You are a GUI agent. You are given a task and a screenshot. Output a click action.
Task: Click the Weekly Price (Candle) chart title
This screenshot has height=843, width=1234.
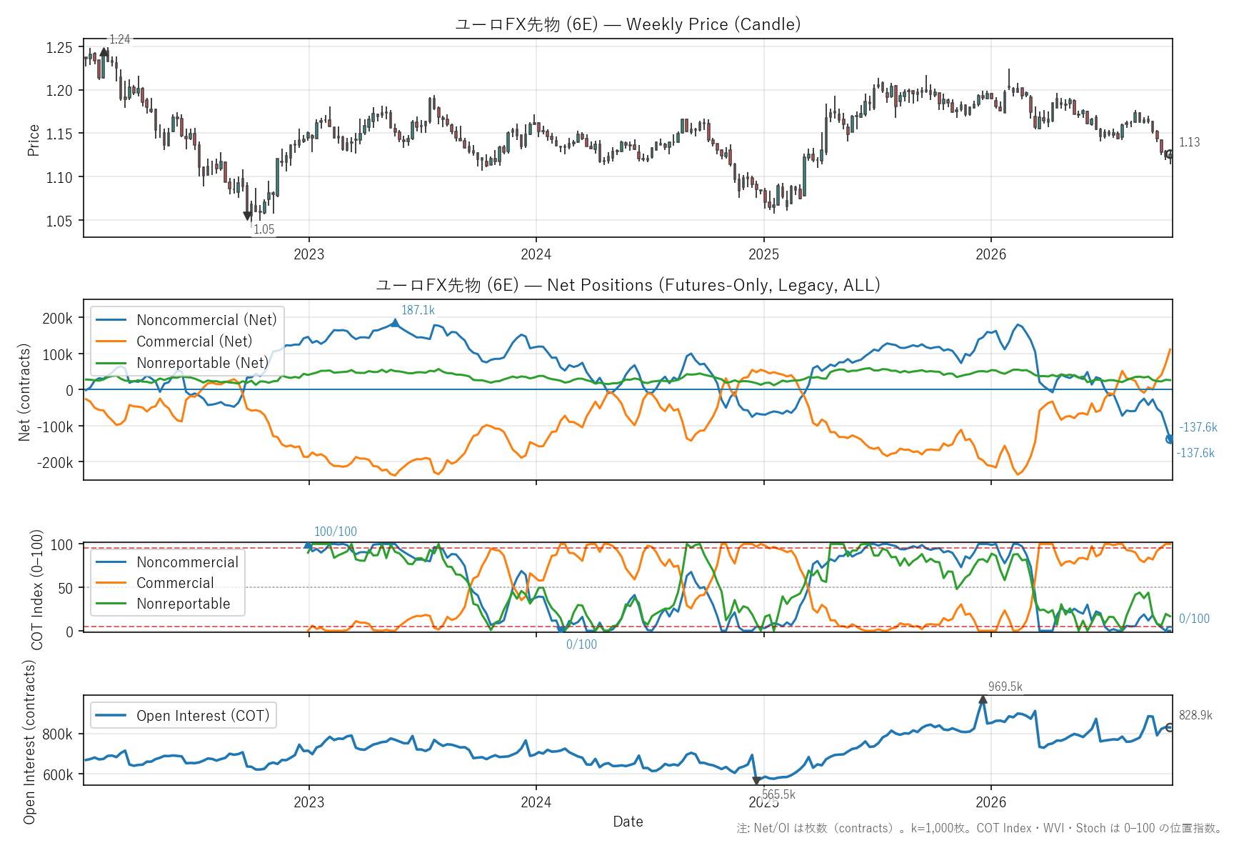point(628,24)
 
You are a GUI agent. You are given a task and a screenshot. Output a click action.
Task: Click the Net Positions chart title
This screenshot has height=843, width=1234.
point(628,285)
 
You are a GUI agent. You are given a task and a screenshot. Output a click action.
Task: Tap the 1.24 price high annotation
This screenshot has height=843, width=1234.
point(120,39)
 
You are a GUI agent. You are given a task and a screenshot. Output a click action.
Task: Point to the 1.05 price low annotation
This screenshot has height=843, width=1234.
point(264,229)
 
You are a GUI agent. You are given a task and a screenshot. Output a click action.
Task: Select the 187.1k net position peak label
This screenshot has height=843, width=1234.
point(418,310)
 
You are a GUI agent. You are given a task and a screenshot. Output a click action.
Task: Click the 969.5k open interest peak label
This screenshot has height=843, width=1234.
point(1005,687)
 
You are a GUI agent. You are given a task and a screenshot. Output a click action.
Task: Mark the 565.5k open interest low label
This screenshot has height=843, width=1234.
point(778,794)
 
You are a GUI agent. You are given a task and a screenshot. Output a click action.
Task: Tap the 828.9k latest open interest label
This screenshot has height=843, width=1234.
point(1195,715)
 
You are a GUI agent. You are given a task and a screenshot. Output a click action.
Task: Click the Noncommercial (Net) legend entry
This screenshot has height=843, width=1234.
point(186,320)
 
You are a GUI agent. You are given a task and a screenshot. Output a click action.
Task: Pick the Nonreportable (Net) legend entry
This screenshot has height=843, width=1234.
point(181,363)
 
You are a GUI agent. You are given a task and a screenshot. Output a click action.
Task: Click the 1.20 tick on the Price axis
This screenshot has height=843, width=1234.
point(59,91)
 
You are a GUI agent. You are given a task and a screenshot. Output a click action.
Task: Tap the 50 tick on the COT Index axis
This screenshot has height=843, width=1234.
point(65,589)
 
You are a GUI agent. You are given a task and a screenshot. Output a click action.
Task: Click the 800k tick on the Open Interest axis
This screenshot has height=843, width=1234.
point(58,734)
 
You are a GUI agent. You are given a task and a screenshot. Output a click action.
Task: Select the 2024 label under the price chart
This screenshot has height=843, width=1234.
point(536,254)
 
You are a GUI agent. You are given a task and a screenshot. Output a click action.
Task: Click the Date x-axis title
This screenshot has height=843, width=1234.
point(628,822)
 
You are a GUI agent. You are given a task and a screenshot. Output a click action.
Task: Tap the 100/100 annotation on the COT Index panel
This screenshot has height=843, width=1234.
point(336,532)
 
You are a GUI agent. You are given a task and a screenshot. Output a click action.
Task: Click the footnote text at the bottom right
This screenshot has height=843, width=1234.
point(979,828)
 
